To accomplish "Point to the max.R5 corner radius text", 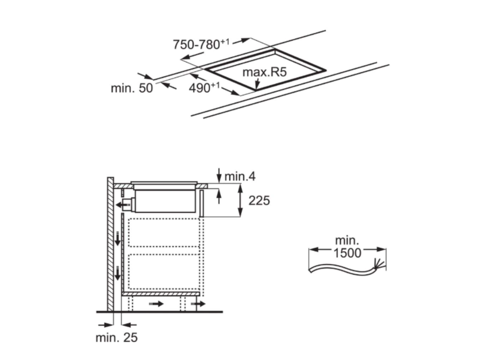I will pos(264,73).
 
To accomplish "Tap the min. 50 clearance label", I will pos(132,88).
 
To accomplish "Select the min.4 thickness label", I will pos(240,176).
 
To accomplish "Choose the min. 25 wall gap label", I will pos(117,337).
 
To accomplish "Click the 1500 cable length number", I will pos(348,253).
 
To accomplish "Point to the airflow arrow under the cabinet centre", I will pos(157,304).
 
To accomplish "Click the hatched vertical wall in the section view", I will pos(110,244).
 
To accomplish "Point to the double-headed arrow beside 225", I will pos(241,201).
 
